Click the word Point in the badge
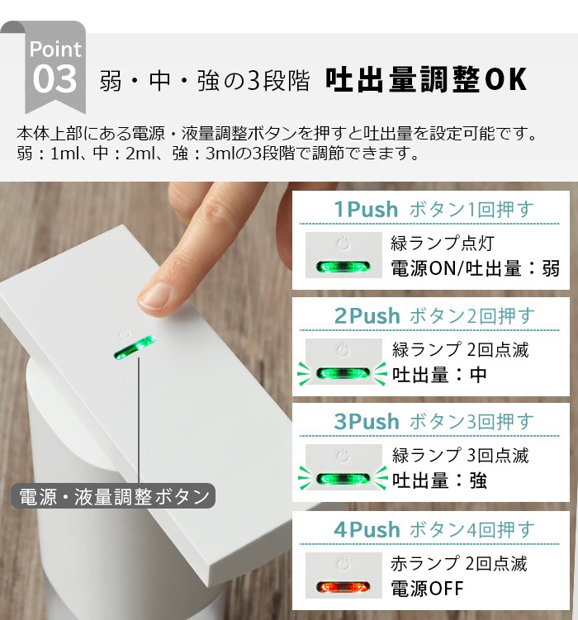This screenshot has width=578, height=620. click(55, 49)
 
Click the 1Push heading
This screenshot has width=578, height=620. click(366, 210)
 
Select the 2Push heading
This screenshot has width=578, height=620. click(367, 315)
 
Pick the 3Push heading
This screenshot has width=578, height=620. click(367, 421)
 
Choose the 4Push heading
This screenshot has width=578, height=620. click(367, 529)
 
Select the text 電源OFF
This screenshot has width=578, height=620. click(427, 589)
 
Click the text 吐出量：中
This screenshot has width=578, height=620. click(439, 374)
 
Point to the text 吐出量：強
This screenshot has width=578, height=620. click(439, 480)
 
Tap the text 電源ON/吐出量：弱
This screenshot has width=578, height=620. click(476, 267)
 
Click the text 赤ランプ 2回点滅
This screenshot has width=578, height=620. click(458, 564)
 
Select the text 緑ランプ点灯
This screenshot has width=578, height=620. click(442, 244)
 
